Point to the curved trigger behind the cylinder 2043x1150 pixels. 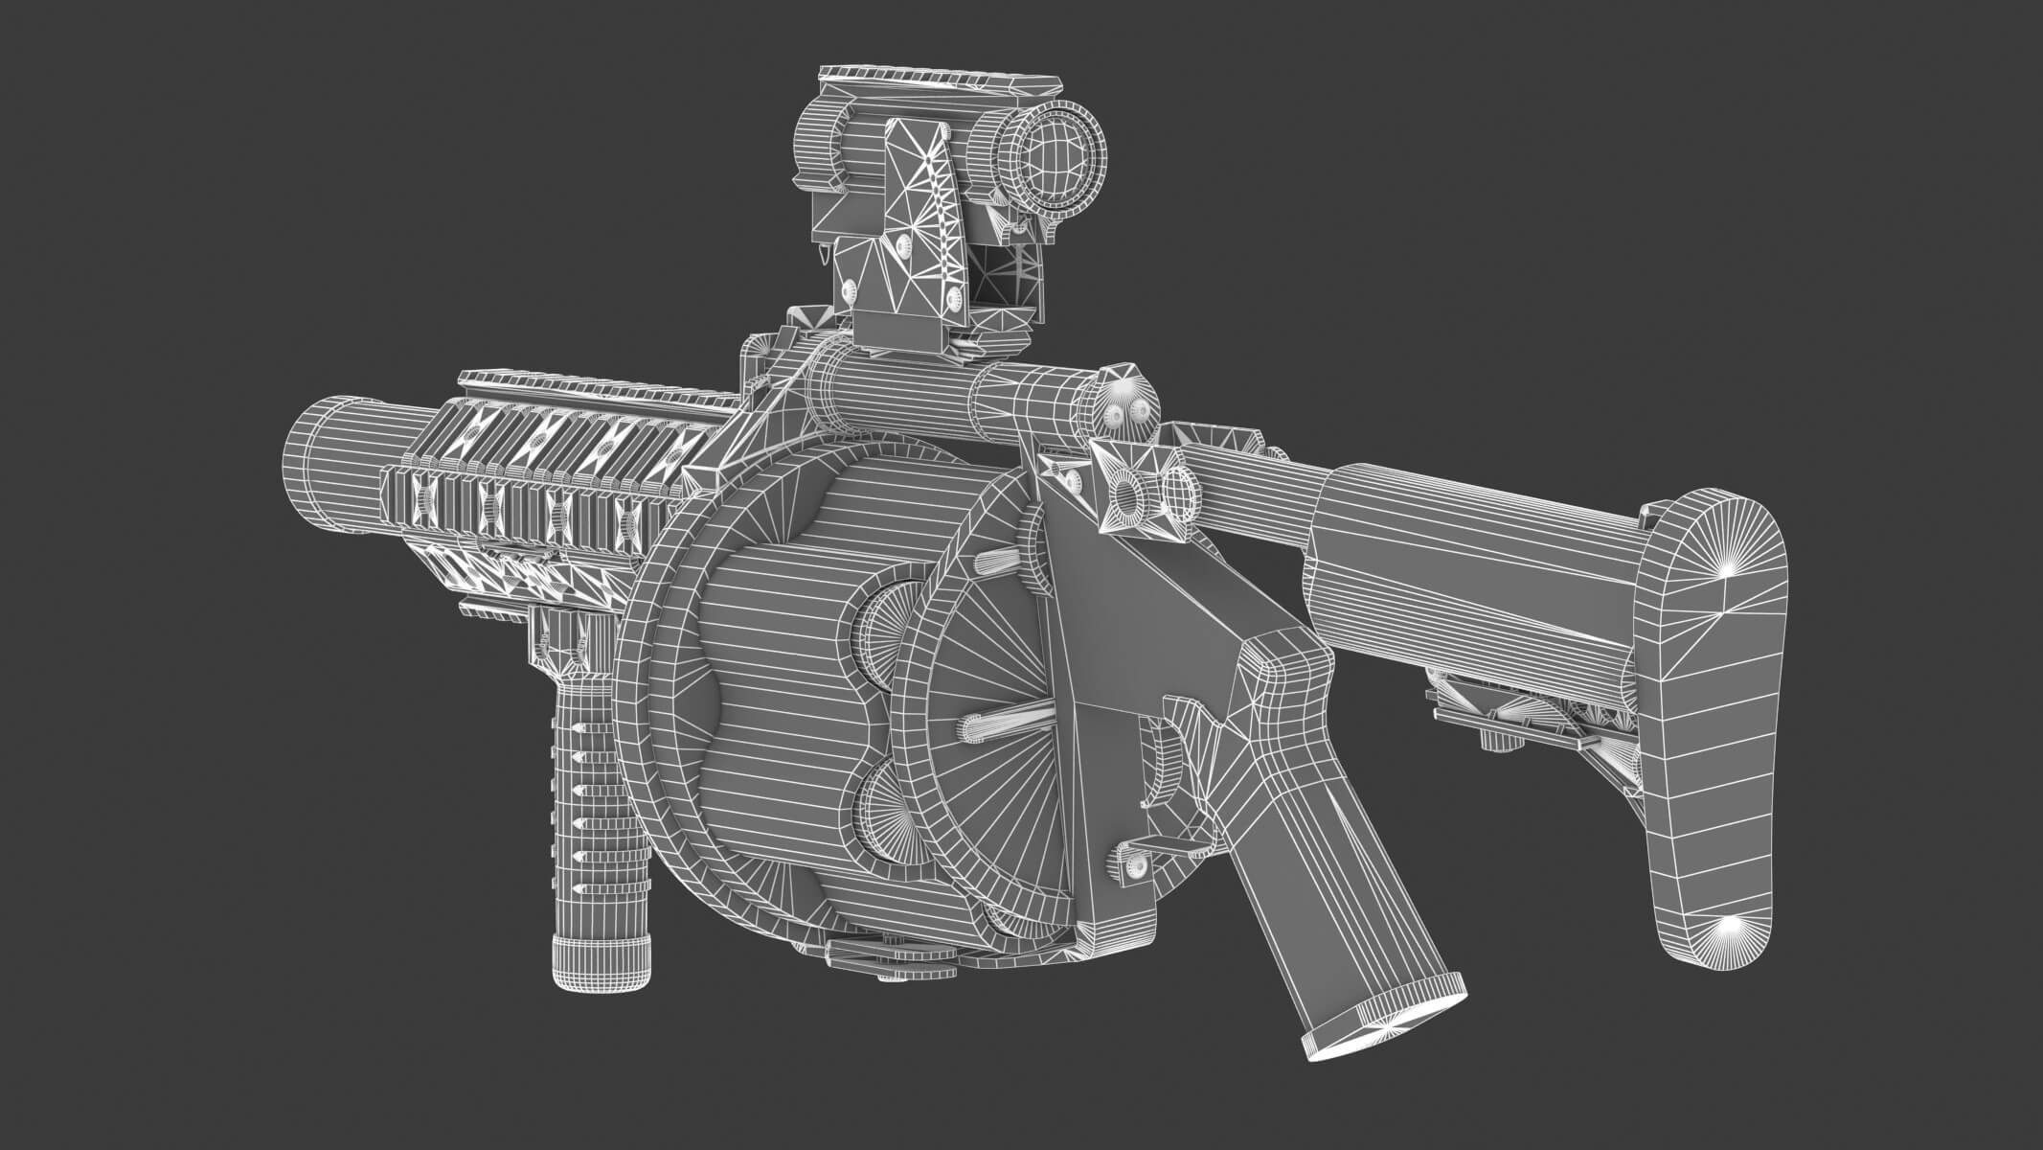click(x=1165, y=776)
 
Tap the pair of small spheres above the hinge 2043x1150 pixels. click(x=1125, y=413)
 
